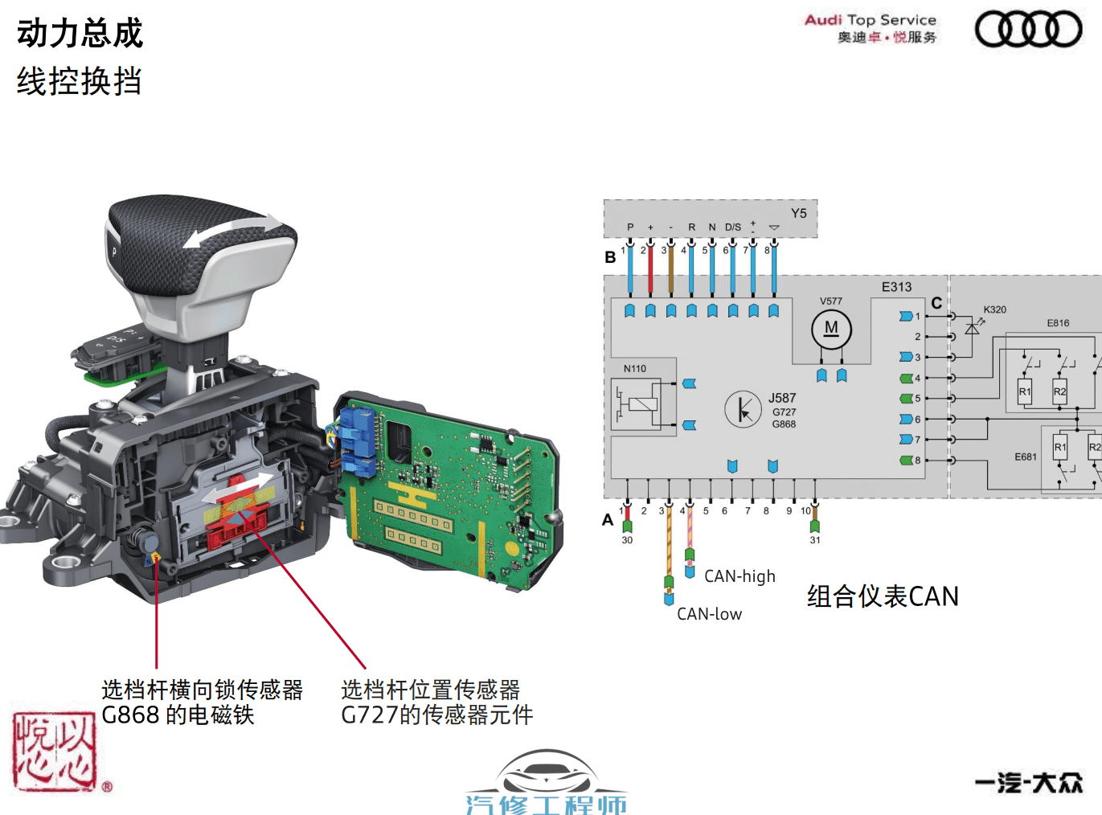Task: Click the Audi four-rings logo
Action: [x=1028, y=29]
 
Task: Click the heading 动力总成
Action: [x=80, y=34]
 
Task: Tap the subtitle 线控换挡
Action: [x=80, y=81]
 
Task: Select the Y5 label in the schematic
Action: [x=798, y=213]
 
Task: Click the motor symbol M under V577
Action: [x=831, y=329]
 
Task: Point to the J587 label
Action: [x=781, y=398]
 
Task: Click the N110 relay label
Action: [x=634, y=369]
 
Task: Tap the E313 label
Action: [x=896, y=287]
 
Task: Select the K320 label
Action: [x=994, y=309]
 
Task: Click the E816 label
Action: [x=1058, y=323]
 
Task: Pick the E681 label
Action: [x=1025, y=457]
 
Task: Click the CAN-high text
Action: [x=739, y=576]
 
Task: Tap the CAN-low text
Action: [x=709, y=614]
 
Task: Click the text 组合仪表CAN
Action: [x=883, y=596]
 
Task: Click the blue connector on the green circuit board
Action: [x=357, y=441]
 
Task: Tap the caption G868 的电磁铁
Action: [x=178, y=715]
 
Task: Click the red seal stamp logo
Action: [x=55, y=751]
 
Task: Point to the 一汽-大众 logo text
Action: [x=1029, y=782]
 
